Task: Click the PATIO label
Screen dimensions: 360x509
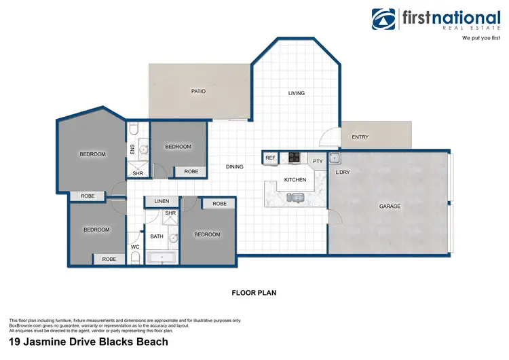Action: [x=198, y=91]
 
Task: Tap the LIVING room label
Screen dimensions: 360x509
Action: [x=297, y=93]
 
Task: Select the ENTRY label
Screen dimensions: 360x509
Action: [x=360, y=137]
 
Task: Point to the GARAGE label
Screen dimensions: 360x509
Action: [x=390, y=206]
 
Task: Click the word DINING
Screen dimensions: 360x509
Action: [x=235, y=166]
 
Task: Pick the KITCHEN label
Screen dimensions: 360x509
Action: [x=295, y=180]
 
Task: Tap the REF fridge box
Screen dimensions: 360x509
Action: [x=271, y=158]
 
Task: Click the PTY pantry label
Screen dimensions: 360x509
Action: [x=318, y=161]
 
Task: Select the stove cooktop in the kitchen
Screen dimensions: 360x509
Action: [x=295, y=158]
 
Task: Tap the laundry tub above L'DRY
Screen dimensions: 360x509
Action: [x=335, y=158]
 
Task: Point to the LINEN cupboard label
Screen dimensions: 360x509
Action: [x=162, y=202]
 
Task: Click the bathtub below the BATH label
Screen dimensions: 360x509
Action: [x=162, y=257]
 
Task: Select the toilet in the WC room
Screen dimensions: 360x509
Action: [x=134, y=257]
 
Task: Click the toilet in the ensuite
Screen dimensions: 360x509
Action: [x=134, y=129]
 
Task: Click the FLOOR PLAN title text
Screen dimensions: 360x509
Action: [x=254, y=293]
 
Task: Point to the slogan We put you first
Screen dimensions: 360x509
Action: [x=466, y=39]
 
